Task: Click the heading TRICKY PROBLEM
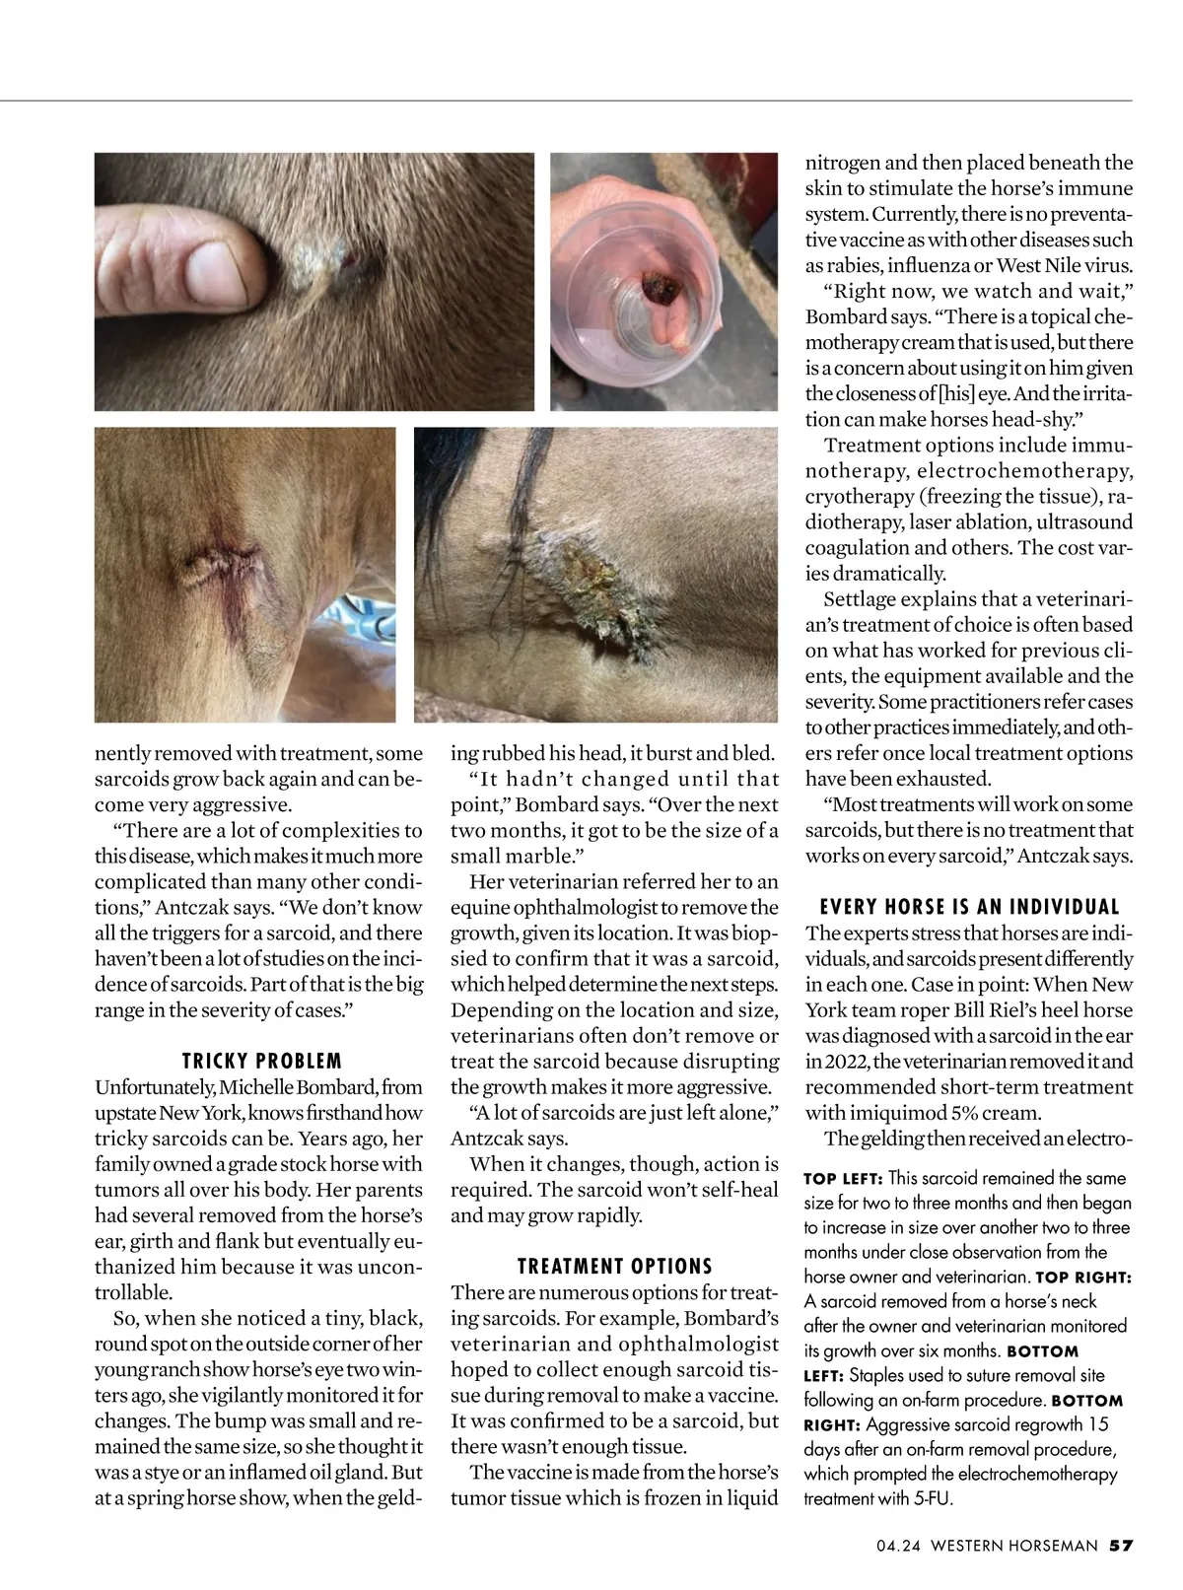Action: (x=261, y=1061)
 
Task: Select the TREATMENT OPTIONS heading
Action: (x=615, y=1266)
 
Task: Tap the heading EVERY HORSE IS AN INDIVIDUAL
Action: (x=970, y=907)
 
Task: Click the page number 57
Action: (x=1121, y=1546)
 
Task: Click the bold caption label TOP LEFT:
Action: (x=843, y=1179)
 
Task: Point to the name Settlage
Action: (x=861, y=598)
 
